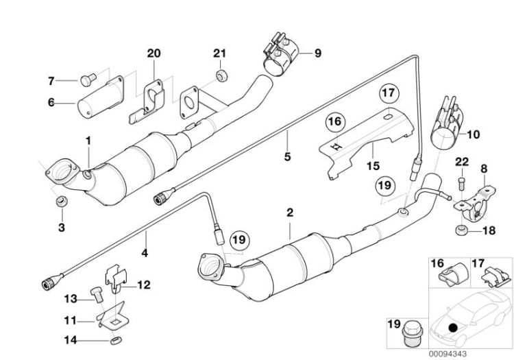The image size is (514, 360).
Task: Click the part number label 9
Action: pyautogui.click(x=317, y=52)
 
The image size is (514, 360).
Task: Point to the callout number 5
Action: pyautogui.click(x=287, y=157)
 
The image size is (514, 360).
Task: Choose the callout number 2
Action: pyautogui.click(x=290, y=213)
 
